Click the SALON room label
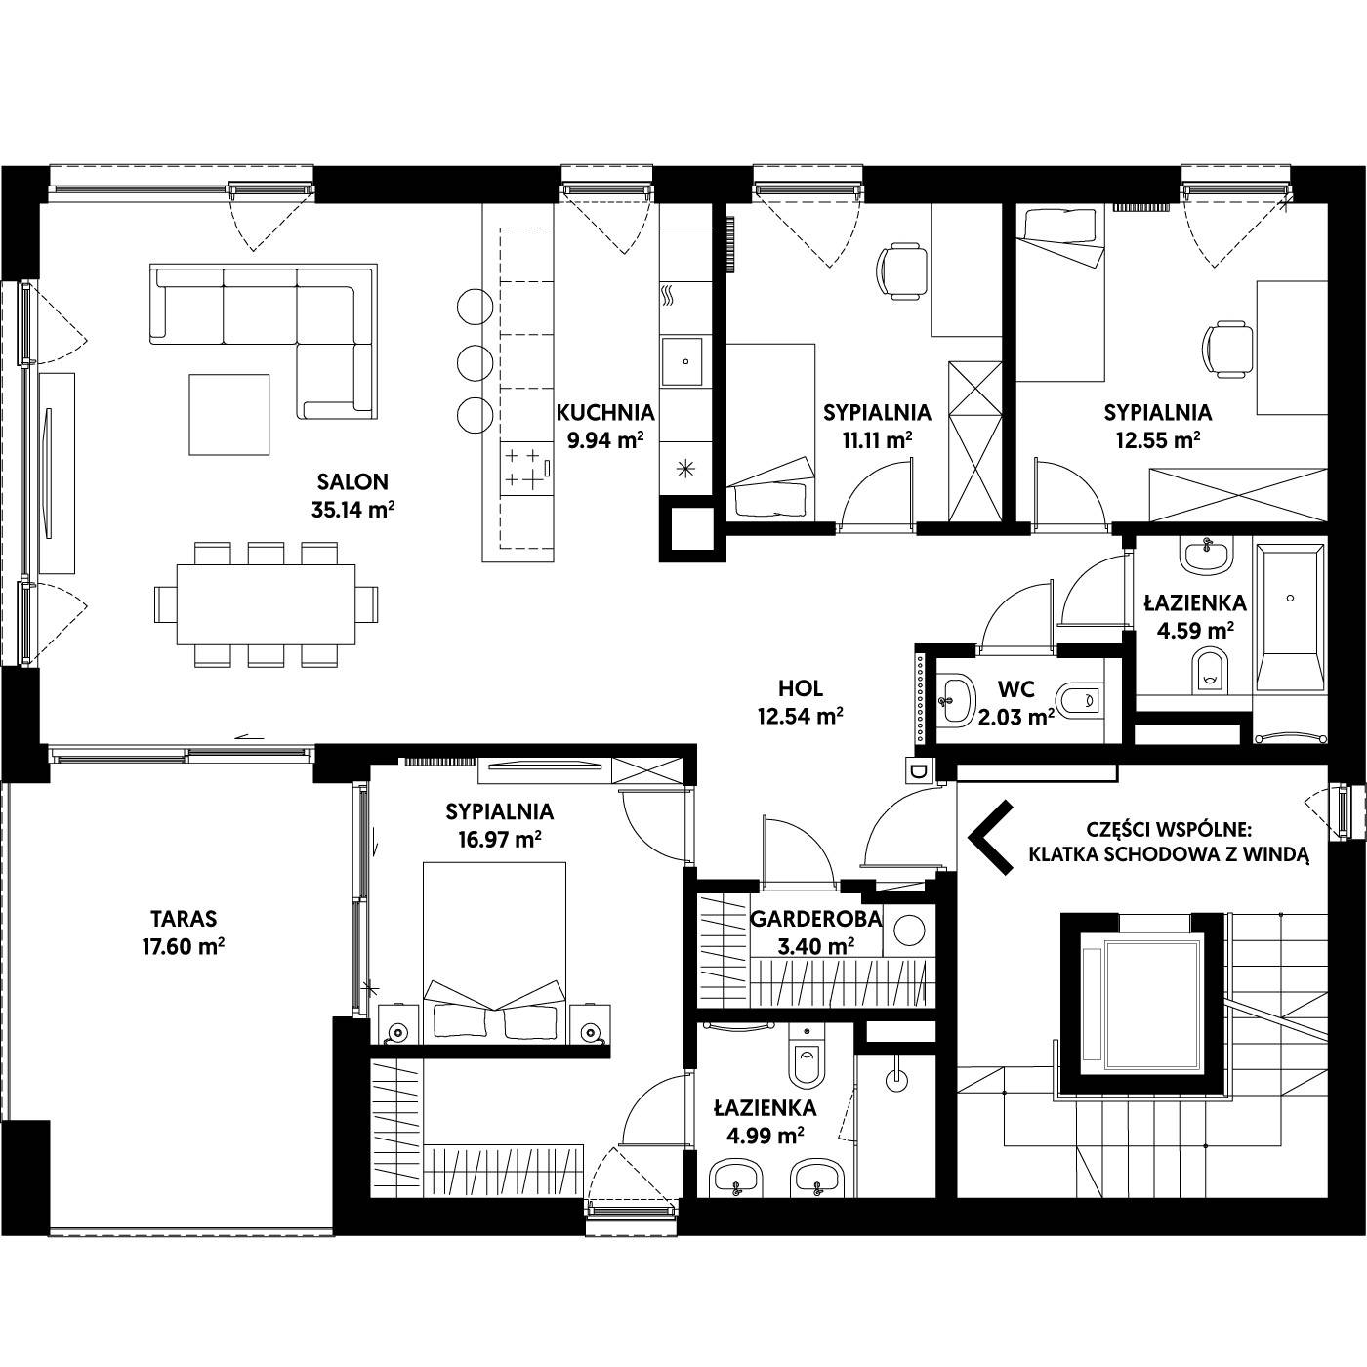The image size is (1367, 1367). [352, 482]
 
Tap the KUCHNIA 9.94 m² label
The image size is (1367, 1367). [605, 426]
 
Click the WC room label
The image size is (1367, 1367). [1015, 688]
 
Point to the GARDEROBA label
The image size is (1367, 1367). [815, 919]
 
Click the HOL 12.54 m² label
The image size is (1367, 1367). [801, 702]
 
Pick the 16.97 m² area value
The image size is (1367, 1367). [500, 840]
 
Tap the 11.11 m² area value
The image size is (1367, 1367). [877, 439]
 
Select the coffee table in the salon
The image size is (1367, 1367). [229, 414]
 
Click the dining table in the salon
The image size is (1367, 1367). [266, 604]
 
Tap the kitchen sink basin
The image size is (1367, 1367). [683, 362]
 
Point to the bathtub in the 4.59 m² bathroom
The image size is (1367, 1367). [1290, 617]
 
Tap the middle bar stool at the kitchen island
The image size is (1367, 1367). [475, 362]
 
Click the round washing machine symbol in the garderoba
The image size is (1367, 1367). [909, 930]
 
